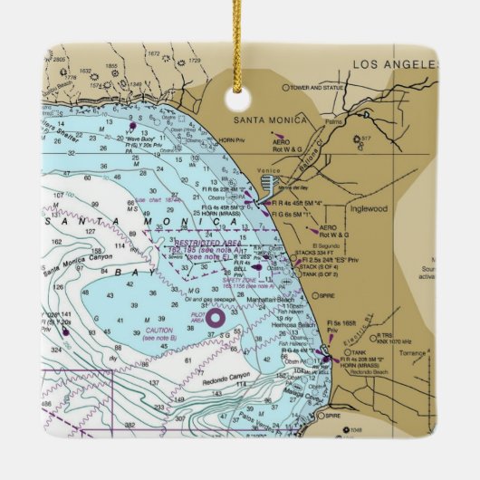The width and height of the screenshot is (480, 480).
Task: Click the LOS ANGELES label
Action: (393, 64)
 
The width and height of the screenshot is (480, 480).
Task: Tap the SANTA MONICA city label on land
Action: (270, 120)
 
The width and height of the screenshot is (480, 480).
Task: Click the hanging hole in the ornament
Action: (239, 93)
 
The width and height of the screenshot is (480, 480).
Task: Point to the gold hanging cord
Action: (240, 36)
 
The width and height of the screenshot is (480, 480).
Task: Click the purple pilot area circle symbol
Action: (215, 317)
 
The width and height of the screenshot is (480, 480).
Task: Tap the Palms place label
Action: (333, 120)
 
